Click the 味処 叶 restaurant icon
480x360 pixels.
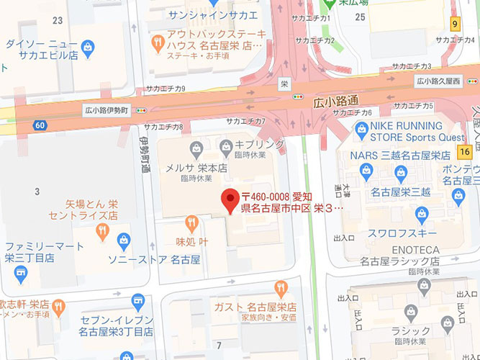point(191,222)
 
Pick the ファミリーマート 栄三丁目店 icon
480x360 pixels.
point(20,274)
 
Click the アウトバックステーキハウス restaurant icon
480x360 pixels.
point(156,45)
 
